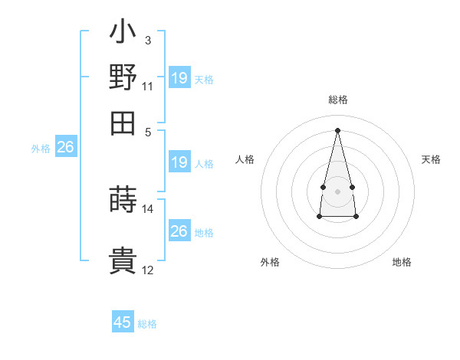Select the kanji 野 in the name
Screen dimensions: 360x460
123,77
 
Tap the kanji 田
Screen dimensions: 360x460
123,121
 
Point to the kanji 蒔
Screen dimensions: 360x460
123,198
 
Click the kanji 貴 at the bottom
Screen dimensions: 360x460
123,260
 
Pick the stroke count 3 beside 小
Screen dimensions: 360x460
147,40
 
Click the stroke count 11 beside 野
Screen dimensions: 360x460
147,86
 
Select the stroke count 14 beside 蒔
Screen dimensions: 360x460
147,208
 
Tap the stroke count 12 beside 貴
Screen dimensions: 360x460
147,270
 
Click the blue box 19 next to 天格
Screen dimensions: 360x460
179,78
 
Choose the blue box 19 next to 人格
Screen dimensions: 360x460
179,162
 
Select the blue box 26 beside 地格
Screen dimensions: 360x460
179,231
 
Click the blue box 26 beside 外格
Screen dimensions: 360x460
65,147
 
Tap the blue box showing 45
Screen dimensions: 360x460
123,322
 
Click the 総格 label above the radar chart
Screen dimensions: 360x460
337,100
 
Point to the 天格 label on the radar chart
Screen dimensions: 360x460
431,159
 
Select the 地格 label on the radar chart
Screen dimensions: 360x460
402,262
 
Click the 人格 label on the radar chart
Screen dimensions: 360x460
245,159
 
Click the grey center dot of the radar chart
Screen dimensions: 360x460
337,190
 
